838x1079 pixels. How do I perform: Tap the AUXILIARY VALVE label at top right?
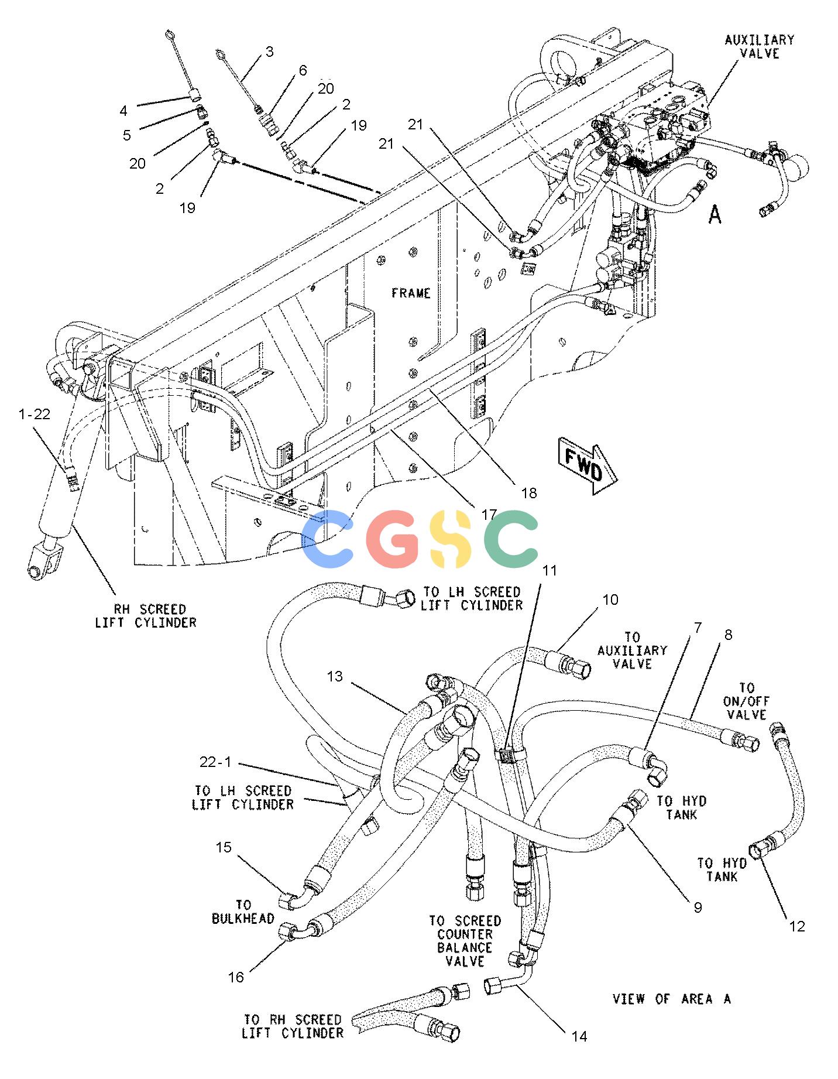pos(759,46)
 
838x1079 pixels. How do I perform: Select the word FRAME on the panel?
pos(411,293)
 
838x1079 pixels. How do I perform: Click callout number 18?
pos(528,493)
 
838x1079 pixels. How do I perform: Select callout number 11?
pos(549,570)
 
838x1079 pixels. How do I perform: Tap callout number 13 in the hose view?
pos(335,677)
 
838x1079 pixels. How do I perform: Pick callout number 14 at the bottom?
pos(579,1036)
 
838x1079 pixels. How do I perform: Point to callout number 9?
pos(697,907)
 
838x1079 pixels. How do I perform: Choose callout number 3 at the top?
pos(269,52)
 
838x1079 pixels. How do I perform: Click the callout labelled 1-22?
pos(35,415)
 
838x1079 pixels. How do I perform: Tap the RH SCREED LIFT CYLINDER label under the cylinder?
pos(146,616)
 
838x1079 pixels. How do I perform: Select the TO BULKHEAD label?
pos(243,912)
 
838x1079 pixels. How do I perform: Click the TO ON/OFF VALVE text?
pos(747,701)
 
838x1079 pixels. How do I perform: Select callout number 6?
pos(303,70)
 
